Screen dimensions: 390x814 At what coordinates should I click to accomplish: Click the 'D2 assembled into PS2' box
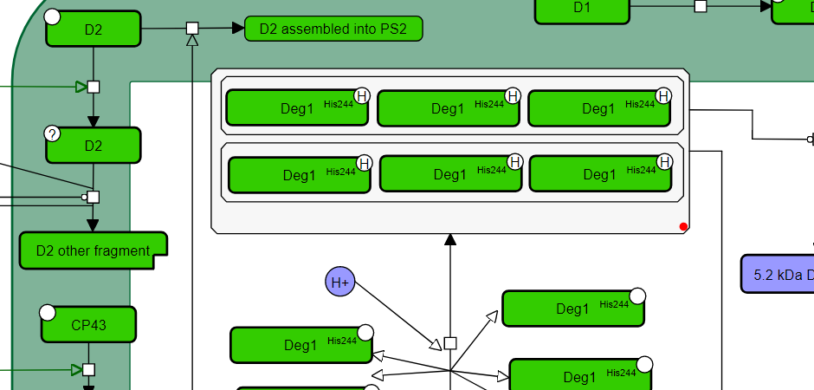[333, 29]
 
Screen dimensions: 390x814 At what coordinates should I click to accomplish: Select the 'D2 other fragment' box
[93, 250]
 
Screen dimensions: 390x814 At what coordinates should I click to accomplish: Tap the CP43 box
[88, 325]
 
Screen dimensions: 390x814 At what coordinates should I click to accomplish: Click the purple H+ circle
[340, 283]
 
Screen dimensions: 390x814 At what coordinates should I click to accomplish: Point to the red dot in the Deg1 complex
[683, 227]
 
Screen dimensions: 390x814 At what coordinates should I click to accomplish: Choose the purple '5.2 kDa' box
[778, 275]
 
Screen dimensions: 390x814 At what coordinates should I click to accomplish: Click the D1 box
[582, 9]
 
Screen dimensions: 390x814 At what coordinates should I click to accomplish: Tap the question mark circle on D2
[52, 133]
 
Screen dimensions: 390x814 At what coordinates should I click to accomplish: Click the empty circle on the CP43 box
[48, 312]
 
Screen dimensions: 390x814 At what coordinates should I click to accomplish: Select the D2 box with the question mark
[94, 146]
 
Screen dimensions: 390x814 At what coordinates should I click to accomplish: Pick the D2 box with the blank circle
[94, 29]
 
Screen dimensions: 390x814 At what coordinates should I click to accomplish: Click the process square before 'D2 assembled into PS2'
[192, 29]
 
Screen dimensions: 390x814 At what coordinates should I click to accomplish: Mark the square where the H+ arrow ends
[449, 343]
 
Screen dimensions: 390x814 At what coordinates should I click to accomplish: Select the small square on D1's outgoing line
[701, 6]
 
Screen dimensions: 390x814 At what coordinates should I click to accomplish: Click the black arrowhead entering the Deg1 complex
[450, 240]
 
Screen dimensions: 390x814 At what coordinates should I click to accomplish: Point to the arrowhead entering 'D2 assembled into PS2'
[238, 29]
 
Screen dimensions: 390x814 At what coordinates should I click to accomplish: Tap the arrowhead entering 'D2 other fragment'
[93, 225]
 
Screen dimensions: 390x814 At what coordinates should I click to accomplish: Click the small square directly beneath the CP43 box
[88, 370]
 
